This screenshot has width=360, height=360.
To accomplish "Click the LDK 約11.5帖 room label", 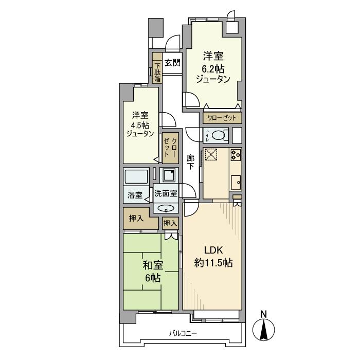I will click(213, 257).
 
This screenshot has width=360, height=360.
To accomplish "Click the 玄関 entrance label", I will click(172, 63).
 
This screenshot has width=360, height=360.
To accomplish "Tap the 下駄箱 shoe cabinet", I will click(157, 73).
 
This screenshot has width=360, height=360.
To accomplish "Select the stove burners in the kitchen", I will click(236, 154).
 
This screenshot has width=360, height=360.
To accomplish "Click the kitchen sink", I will click(236, 182).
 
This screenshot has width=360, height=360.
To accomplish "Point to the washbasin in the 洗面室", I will click(166, 208).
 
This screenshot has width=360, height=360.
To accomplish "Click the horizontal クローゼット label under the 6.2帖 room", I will click(222, 118).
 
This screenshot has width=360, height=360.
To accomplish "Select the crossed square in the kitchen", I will click(212, 155).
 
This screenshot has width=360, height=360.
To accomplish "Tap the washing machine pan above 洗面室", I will click(168, 176).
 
